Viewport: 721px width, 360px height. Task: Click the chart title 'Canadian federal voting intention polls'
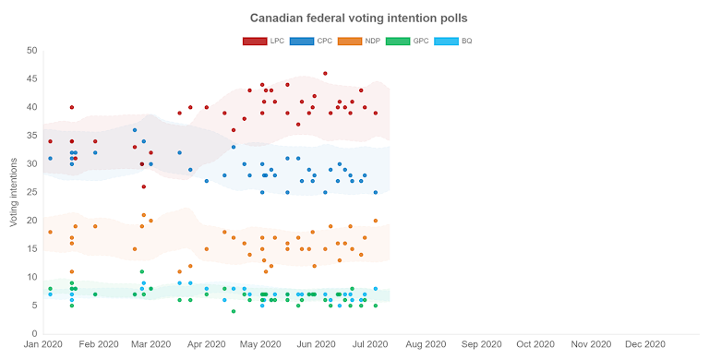(359, 18)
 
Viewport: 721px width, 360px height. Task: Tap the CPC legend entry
(310, 41)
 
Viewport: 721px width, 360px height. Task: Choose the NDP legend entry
(359, 41)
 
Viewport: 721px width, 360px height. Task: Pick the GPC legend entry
(407, 41)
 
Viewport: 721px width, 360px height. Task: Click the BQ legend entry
(453, 41)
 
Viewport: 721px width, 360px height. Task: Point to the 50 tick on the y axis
(31, 51)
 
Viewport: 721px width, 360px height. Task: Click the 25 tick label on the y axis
(31, 192)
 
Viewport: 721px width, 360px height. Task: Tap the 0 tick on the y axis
(34, 334)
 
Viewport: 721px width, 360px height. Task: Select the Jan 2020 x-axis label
(43, 344)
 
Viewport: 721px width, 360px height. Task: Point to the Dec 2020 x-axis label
(645, 344)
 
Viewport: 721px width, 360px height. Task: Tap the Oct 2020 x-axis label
(535, 344)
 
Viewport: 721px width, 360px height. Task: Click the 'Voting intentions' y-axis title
(14, 192)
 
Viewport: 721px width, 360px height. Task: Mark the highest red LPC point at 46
(325, 74)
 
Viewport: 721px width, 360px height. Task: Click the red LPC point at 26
(143, 186)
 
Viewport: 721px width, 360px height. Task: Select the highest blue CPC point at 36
(135, 130)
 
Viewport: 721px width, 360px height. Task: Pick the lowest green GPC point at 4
(234, 311)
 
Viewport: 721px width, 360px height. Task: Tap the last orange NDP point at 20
(375, 221)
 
